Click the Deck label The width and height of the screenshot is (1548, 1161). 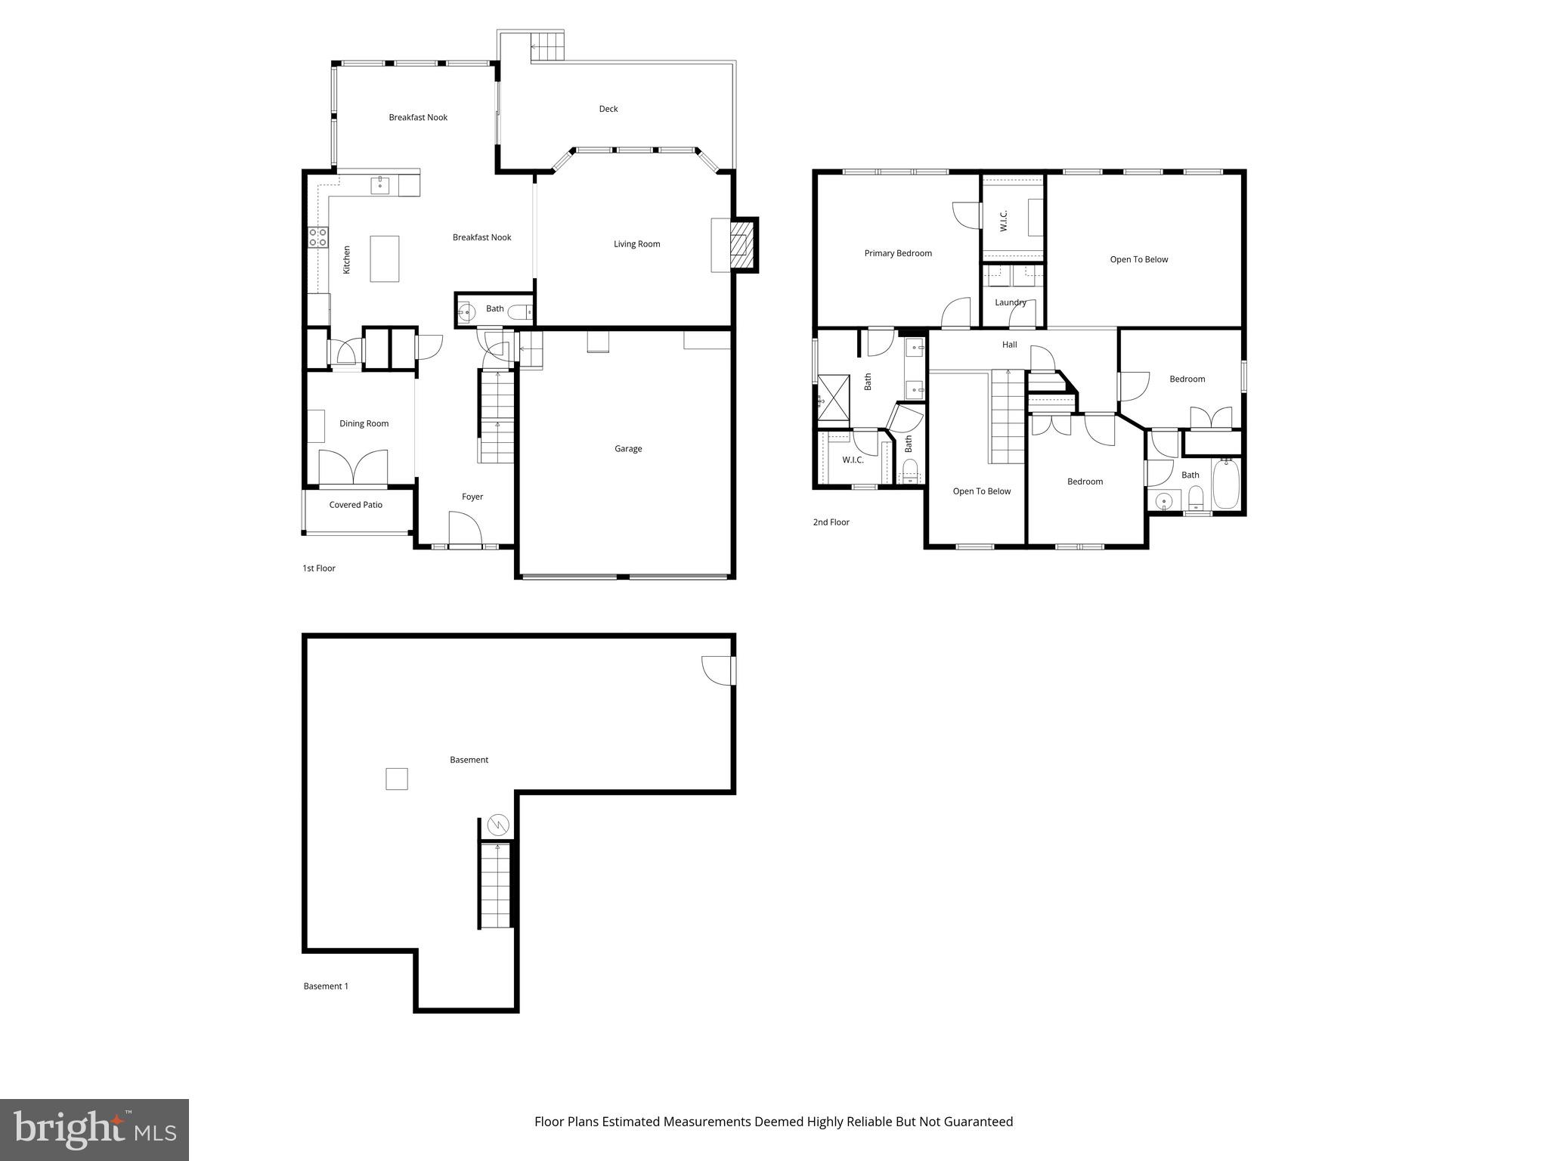click(x=608, y=109)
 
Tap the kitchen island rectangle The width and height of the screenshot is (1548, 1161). click(x=384, y=259)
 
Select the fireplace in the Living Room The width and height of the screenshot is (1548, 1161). click(x=743, y=245)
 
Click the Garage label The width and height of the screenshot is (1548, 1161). click(x=627, y=449)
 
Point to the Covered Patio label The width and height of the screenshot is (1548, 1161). click(x=355, y=505)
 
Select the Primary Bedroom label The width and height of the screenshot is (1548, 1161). click(x=898, y=253)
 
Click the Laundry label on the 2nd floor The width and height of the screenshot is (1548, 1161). click(x=1010, y=302)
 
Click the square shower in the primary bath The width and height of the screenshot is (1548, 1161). click(x=834, y=397)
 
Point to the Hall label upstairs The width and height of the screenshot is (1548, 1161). click(x=1009, y=345)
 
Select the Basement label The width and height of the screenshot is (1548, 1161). click(x=469, y=760)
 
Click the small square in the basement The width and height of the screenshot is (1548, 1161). click(x=397, y=779)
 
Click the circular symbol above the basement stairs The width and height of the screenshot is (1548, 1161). click(x=498, y=825)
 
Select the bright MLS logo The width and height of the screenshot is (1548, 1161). click(x=94, y=1129)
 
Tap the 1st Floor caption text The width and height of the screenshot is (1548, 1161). click(x=319, y=568)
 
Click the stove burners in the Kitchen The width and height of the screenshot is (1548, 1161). click(x=318, y=237)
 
